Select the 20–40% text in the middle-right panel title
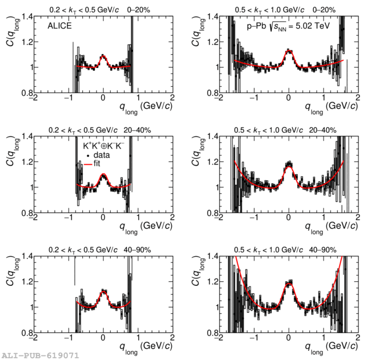click(324, 130)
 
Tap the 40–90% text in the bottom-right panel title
click(324, 250)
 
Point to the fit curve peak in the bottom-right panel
click(289, 282)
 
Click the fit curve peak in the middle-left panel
click(103, 175)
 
